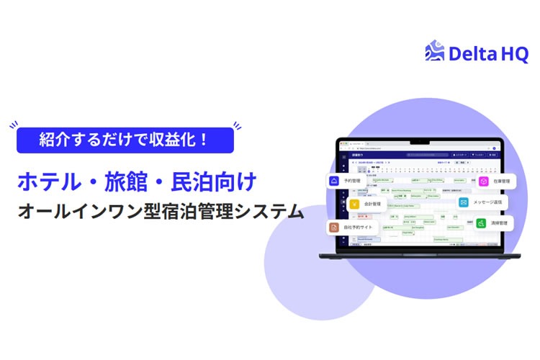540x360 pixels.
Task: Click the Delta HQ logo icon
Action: pos(436,53)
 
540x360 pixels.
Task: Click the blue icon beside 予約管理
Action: pos(334,181)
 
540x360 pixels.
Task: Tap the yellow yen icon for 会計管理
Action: pos(355,204)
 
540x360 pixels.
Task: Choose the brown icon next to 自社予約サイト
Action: pos(334,228)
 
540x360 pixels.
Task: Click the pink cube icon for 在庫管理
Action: pos(483,181)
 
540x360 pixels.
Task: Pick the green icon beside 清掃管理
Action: pos(480,224)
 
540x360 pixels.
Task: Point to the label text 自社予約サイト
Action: pos(360,228)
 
